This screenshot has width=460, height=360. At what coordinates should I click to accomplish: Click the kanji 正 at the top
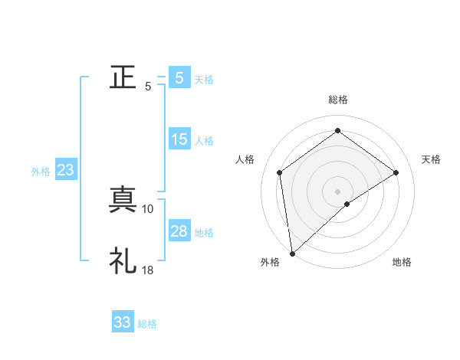[x=123, y=77]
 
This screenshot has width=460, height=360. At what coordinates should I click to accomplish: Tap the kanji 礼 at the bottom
[x=123, y=261]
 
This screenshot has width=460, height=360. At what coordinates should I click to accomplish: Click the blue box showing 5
[x=179, y=77]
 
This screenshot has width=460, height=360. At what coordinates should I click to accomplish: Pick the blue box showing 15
[x=179, y=139]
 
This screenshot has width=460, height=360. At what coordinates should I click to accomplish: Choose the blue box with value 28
[x=179, y=231]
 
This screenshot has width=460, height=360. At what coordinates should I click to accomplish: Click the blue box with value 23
[x=65, y=170]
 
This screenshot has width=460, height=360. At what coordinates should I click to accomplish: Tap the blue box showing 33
[x=123, y=322]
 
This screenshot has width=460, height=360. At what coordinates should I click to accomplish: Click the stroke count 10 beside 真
[x=148, y=208]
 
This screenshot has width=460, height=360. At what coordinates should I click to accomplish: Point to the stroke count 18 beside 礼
[x=148, y=270]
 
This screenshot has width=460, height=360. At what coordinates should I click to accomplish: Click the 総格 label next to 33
[x=147, y=324]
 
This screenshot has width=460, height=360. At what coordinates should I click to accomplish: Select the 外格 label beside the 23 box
[x=41, y=172]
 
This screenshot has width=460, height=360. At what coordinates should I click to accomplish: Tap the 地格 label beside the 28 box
[x=204, y=233]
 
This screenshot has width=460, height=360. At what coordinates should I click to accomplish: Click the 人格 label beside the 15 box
[x=204, y=141]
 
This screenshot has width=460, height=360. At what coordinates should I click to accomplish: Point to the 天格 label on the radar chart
[x=432, y=159]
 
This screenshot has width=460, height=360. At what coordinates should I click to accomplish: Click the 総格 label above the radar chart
[x=337, y=100]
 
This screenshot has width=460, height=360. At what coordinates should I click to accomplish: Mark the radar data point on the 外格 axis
[x=291, y=253]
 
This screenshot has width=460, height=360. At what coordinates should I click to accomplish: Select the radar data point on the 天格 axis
[x=396, y=172]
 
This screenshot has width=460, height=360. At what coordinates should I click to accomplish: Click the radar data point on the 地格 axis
[x=347, y=204]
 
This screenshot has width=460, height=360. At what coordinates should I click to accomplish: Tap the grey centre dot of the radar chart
[x=337, y=190]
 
